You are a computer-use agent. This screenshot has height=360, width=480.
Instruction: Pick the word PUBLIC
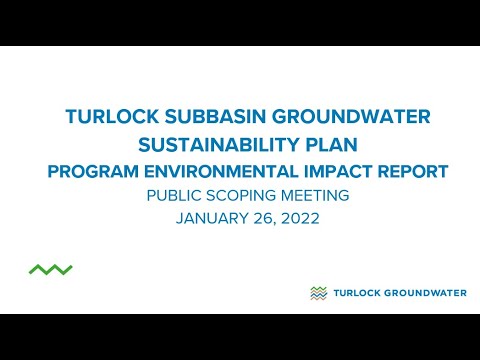[176, 196]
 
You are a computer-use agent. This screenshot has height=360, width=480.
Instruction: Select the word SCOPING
[245, 196]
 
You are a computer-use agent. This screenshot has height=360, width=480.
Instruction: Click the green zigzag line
[50, 269]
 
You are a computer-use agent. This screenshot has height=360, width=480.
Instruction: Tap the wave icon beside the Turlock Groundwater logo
[319, 293]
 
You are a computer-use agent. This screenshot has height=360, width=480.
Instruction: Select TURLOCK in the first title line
[106, 117]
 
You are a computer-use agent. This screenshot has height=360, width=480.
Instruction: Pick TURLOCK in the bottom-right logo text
[357, 293]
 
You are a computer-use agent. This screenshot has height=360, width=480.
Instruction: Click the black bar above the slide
[240, 22]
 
